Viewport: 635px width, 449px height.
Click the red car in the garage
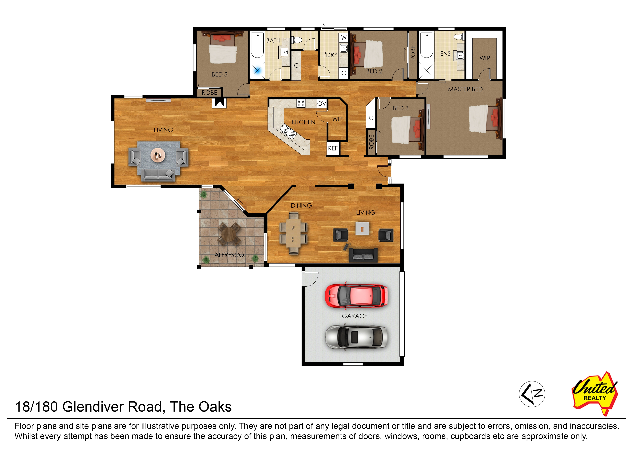[356, 296]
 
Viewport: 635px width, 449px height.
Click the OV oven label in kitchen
[321, 104]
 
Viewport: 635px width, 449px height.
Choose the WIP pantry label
[337, 119]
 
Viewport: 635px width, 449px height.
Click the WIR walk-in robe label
[484, 58]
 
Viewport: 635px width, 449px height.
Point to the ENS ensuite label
[445, 54]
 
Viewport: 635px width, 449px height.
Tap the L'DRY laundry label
[329, 55]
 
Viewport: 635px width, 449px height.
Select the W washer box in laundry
[344, 38]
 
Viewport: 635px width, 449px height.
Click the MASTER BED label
[465, 89]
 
